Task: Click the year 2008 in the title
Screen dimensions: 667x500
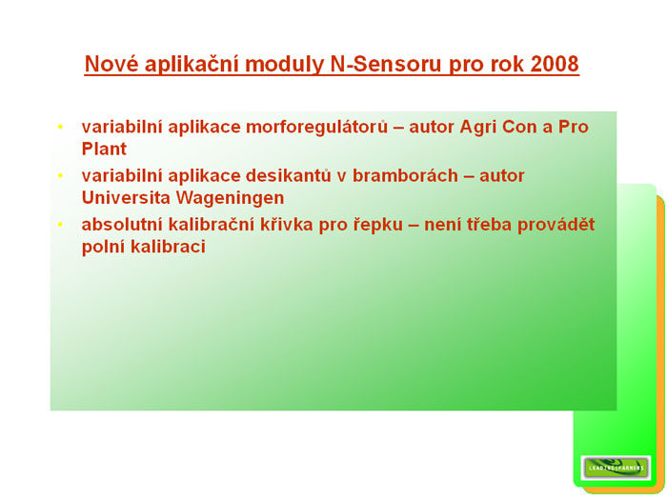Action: coord(555,64)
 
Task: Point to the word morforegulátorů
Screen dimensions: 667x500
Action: coord(317,127)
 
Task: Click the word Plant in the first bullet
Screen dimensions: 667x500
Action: coord(104,149)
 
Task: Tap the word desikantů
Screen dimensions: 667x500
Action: coord(289,175)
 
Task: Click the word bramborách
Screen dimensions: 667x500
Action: coord(405,175)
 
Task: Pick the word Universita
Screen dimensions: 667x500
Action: coord(127,198)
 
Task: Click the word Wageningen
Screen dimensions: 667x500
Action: coord(231,198)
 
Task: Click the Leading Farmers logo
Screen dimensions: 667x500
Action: coord(616,468)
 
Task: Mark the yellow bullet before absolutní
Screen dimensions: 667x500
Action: coord(60,224)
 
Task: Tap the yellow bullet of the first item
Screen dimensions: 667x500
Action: coord(60,127)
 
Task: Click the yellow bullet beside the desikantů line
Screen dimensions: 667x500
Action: coord(60,175)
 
